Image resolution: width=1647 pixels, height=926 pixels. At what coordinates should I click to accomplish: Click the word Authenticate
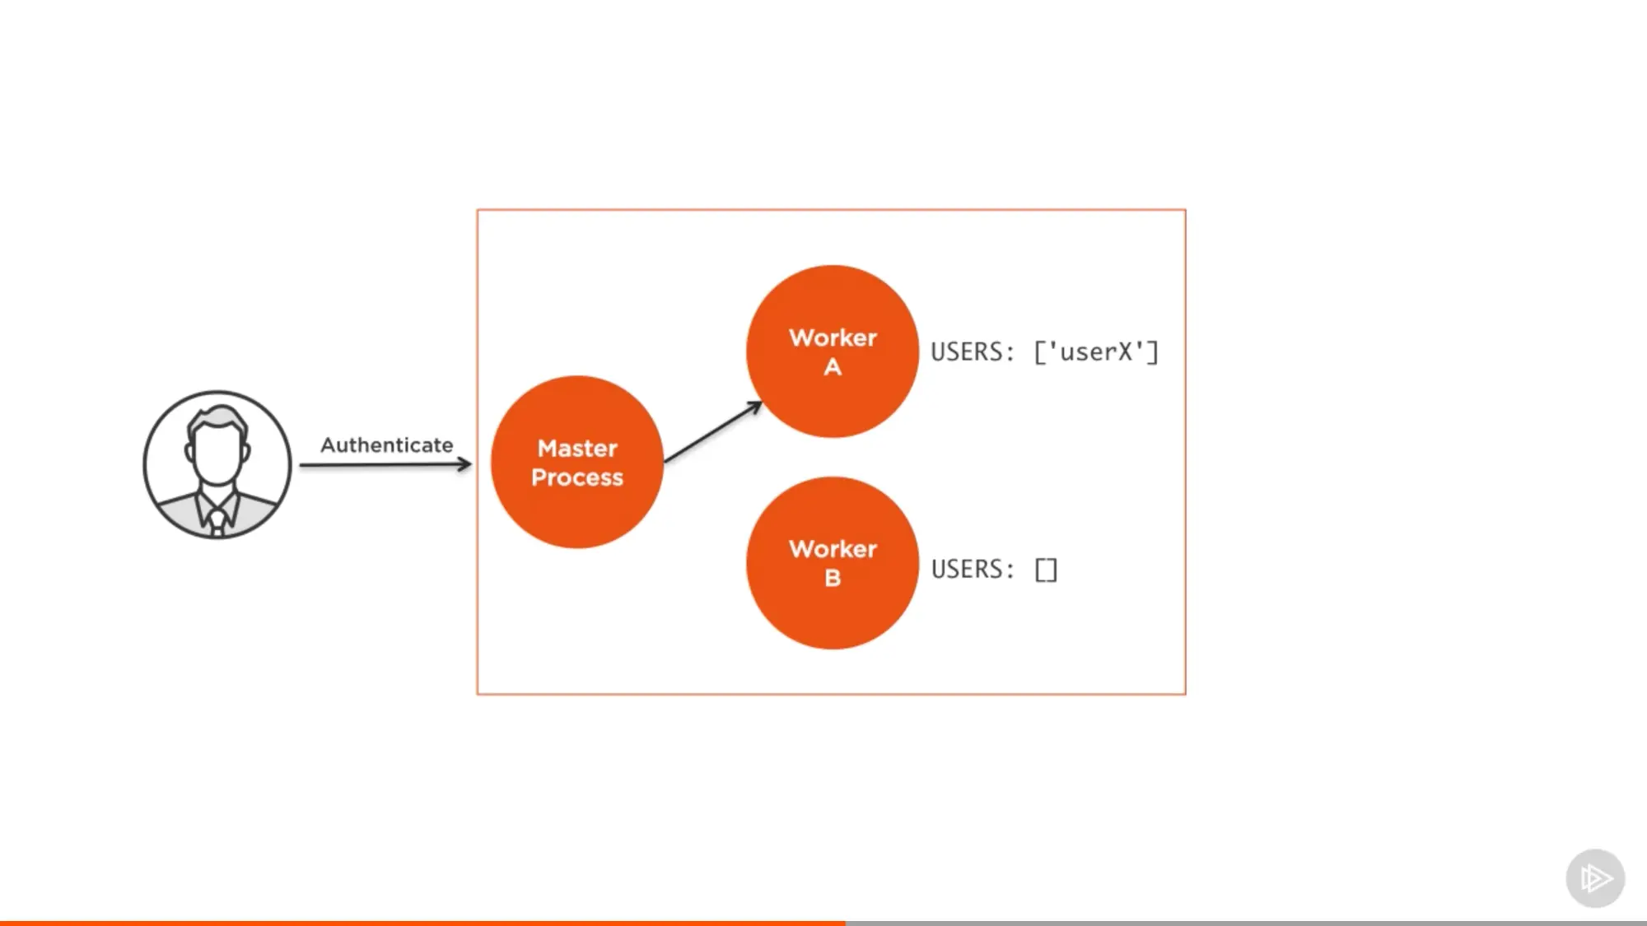click(x=386, y=445)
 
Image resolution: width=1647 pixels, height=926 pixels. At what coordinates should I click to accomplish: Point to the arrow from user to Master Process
click(x=385, y=465)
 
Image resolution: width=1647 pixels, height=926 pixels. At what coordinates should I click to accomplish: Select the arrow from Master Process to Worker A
click(x=713, y=431)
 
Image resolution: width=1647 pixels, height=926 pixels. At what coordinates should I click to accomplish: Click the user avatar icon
click(x=217, y=465)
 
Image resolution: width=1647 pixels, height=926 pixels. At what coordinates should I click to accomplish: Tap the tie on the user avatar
click(x=217, y=521)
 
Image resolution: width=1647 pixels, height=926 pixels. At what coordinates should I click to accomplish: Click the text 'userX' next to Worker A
click(x=1096, y=352)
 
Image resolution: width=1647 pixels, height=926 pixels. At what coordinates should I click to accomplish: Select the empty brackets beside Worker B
click(x=1046, y=570)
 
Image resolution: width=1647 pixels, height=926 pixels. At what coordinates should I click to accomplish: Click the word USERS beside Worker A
click(x=967, y=352)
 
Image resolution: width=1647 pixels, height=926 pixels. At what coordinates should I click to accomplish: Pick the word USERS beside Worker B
click(x=967, y=570)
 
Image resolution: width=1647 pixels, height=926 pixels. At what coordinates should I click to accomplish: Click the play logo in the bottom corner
click(x=1595, y=878)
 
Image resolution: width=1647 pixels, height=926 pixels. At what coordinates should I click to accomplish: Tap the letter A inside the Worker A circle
click(x=833, y=367)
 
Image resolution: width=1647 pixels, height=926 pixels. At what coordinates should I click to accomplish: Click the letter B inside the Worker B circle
click(x=833, y=579)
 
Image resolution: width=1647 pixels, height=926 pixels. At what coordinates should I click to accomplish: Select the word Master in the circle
click(x=577, y=449)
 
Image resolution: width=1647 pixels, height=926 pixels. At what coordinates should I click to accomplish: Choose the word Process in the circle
click(x=577, y=477)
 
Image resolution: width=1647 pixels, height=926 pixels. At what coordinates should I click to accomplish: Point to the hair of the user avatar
click(x=217, y=416)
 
